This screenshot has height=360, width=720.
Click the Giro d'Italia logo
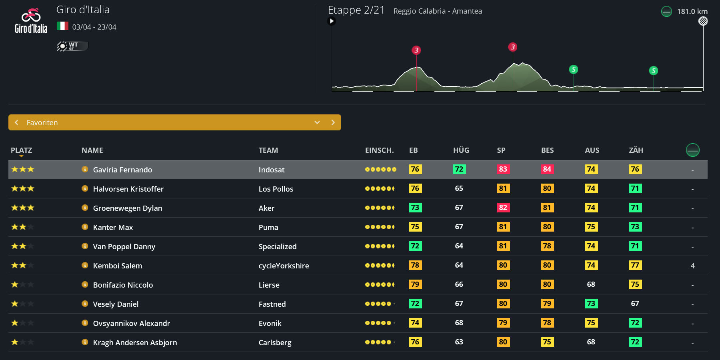click(x=31, y=21)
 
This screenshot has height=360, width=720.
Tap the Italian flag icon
click(x=62, y=26)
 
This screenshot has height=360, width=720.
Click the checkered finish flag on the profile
click(x=703, y=21)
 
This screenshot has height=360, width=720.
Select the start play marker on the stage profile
click(x=331, y=21)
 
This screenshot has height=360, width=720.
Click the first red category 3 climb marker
click(x=416, y=50)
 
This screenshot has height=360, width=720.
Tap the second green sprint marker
click(x=653, y=71)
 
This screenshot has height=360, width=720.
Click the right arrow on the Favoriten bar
click(x=333, y=122)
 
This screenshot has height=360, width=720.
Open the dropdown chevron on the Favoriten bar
click(x=317, y=122)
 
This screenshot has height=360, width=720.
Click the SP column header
click(x=501, y=150)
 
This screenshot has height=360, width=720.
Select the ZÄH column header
click(x=636, y=150)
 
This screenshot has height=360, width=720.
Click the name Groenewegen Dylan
click(x=128, y=208)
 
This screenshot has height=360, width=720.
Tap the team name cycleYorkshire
click(x=284, y=266)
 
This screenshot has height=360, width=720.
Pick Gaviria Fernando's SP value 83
click(x=503, y=169)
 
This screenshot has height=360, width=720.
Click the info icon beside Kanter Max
click(x=85, y=227)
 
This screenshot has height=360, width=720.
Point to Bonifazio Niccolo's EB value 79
click(x=415, y=284)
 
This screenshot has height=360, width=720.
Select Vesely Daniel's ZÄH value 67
click(x=635, y=304)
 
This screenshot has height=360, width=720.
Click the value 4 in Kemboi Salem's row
click(x=692, y=266)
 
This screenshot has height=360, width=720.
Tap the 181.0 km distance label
click(x=692, y=12)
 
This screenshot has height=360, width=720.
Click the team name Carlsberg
click(x=275, y=342)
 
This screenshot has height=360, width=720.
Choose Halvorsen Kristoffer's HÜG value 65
click(x=459, y=188)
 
